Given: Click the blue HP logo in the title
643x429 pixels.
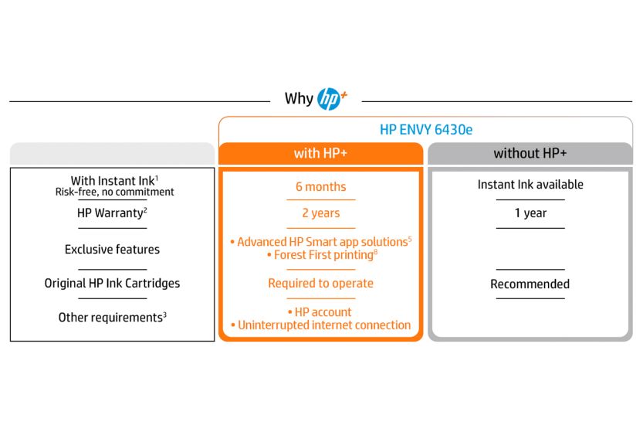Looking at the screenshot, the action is coord(329,99).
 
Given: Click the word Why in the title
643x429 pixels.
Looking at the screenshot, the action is coord(299,99).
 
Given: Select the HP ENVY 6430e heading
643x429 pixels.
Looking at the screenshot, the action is coord(426,130).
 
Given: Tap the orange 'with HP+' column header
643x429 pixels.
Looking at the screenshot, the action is coord(320,154).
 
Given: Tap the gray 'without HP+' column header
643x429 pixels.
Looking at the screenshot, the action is coord(530,154).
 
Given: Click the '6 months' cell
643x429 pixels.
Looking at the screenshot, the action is coord(320,187).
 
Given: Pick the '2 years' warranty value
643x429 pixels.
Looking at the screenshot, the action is coord(320,213).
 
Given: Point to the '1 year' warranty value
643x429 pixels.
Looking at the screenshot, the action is coord(530,213).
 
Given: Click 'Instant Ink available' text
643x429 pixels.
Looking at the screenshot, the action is coord(530,185).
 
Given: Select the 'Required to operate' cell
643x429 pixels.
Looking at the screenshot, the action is coord(320,283).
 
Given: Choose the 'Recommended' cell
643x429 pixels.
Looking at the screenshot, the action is coord(530,284).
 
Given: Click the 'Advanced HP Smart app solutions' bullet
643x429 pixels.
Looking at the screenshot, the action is coord(320,242).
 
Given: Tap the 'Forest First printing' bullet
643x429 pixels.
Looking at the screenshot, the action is coord(322,255).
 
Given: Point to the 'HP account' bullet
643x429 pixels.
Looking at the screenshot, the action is coord(320,312).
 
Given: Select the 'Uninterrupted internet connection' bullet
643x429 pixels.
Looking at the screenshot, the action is coord(320,325).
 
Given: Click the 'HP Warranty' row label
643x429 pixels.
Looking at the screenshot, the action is coord(112,213).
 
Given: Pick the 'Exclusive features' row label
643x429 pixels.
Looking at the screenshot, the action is coord(112,249).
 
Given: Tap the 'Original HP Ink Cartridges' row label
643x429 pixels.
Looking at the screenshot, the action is coord(112,283).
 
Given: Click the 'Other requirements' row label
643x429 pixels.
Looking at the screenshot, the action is coord(112,318).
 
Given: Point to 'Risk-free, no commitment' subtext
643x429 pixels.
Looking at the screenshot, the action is coord(114,192).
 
